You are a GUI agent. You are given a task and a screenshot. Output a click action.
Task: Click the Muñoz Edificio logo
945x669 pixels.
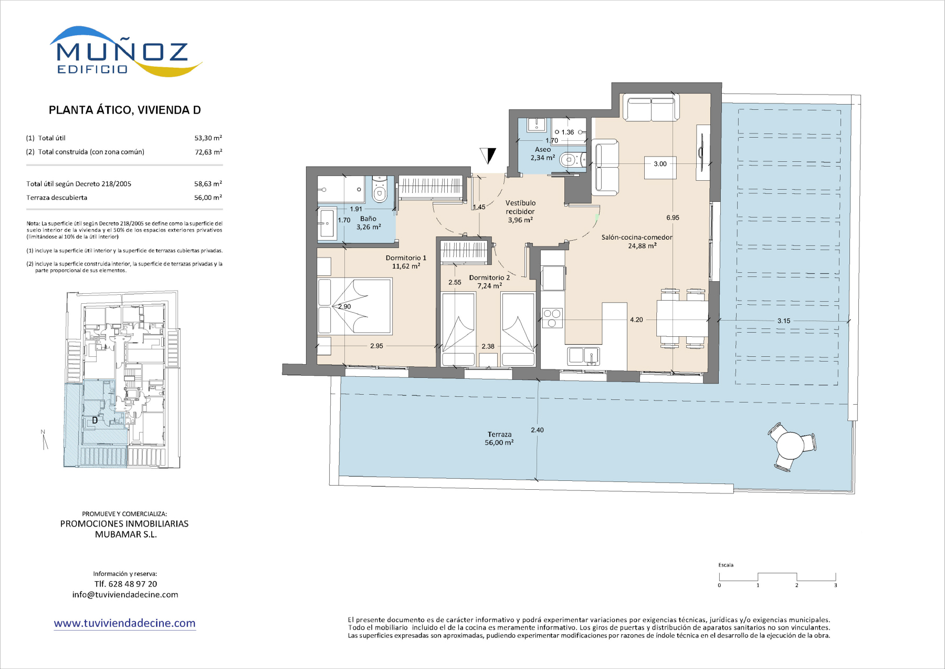click(x=126, y=52)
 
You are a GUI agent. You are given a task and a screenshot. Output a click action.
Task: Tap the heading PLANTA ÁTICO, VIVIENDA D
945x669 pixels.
click(x=125, y=110)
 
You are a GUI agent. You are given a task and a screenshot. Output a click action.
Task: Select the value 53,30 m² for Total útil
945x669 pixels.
click(x=208, y=138)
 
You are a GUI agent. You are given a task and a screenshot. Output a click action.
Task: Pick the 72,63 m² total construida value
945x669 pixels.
click(x=208, y=152)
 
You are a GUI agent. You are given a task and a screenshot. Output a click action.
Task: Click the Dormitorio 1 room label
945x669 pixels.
click(x=406, y=262)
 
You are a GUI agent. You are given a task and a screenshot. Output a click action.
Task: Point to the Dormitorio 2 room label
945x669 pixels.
click(x=489, y=282)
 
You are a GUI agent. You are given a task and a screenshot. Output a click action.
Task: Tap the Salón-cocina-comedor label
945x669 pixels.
click(x=637, y=241)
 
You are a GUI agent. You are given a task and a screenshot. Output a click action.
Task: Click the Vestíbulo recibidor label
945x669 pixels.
click(x=520, y=211)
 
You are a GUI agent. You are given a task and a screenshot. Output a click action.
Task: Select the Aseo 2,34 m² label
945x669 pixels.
click(x=543, y=153)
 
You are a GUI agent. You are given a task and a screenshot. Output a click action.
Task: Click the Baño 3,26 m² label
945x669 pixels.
click(x=369, y=223)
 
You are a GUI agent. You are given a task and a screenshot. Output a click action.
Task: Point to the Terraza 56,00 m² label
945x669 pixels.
click(x=499, y=438)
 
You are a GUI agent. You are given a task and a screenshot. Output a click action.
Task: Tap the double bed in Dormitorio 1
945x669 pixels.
click(x=355, y=306)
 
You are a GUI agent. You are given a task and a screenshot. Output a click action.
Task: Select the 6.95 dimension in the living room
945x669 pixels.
click(x=673, y=218)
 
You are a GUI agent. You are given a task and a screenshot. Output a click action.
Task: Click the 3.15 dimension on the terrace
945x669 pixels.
click(x=783, y=321)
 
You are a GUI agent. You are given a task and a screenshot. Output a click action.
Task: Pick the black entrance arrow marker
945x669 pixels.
click(x=488, y=156)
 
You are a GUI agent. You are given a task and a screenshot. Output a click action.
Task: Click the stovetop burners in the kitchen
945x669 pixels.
click(x=552, y=317)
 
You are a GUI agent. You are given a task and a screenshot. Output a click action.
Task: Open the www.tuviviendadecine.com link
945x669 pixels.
click(x=124, y=623)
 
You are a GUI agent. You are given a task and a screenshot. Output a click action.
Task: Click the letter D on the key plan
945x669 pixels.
click(x=95, y=420)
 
